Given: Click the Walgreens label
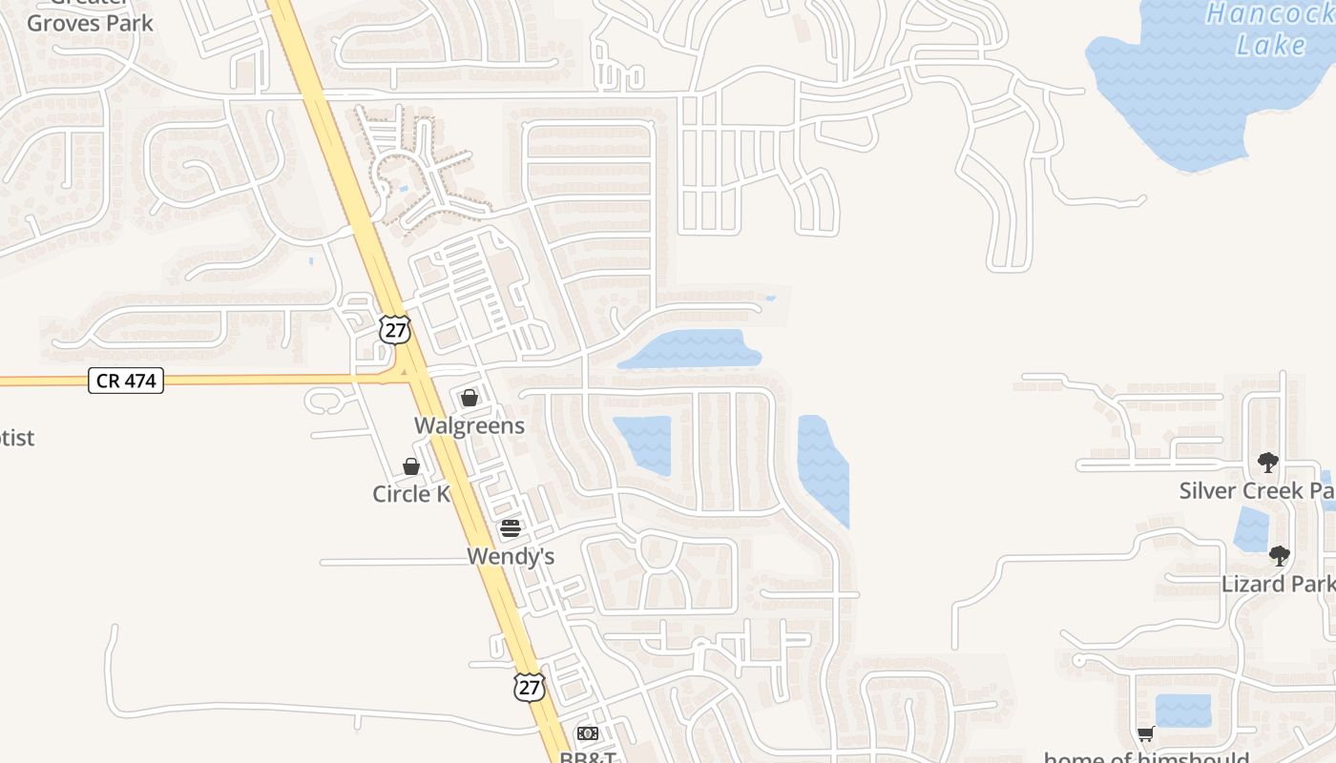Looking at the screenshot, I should coord(469,425).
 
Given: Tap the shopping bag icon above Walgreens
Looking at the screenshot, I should coord(469,398).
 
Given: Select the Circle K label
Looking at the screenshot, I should coord(410,494).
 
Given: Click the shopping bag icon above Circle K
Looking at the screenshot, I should coord(411,466).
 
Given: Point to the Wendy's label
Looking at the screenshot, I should coord(511,556).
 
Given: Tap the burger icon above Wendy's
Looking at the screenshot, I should coord(511,528).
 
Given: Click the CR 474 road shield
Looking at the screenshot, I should coord(126,381).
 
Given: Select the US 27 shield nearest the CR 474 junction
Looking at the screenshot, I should coord(394,330).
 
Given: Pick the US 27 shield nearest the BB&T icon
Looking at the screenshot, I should coord(529,687).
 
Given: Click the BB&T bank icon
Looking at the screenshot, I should coord(587,733).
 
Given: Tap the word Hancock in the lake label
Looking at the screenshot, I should coord(1268,13).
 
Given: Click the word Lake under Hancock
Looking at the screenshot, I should coord(1271,45).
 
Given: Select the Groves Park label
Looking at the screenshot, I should coord(90,23).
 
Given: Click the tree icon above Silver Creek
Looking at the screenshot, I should coord(1267,463).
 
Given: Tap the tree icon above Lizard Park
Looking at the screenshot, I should coord(1279,555).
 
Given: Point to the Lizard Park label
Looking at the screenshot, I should coord(1277,584).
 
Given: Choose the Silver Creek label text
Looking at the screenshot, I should coord(1256,491).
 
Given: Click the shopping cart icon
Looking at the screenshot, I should coord(1145,733).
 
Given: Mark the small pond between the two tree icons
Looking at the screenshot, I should coord(1251,529).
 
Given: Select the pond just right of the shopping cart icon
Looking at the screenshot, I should coord(1183,711).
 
